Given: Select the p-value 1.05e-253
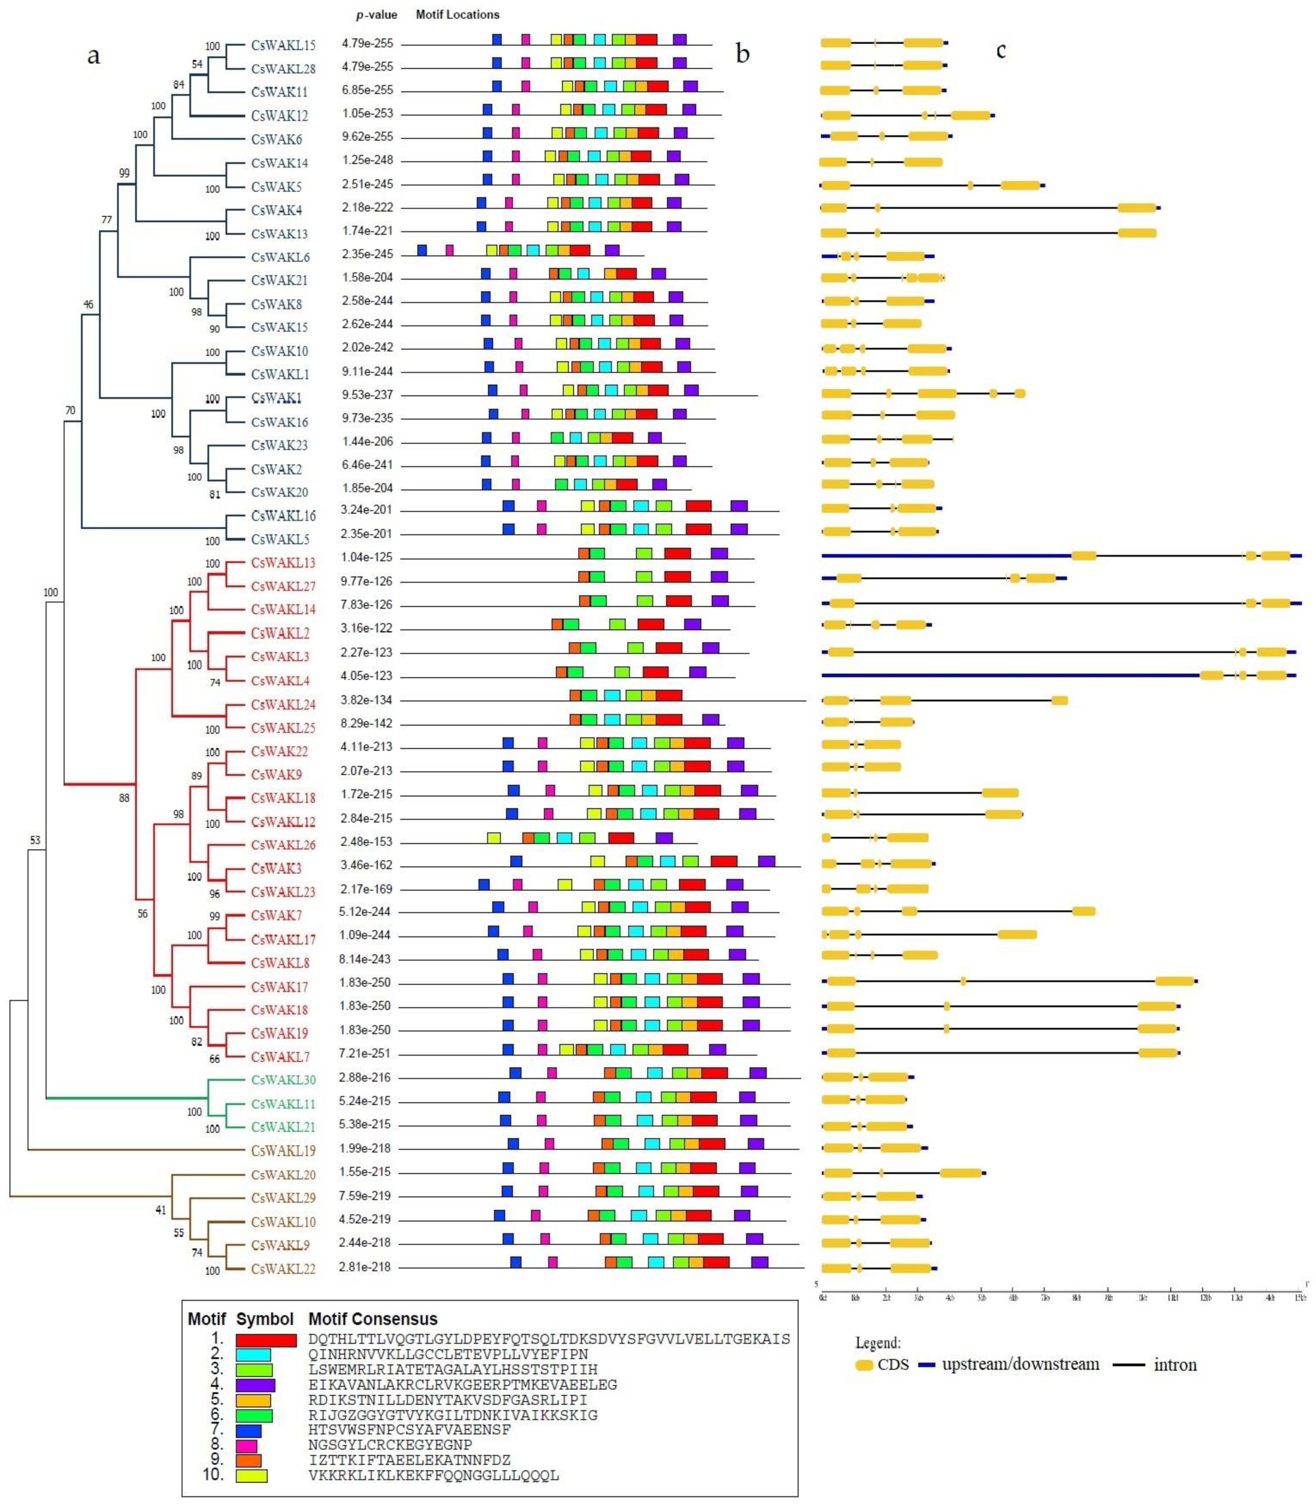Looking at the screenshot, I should (x=367, y=114).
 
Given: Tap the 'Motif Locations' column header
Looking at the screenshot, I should (x=457, y=15).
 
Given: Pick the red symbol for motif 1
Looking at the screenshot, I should (x=266, y=1340).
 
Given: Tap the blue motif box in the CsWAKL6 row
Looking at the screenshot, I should (x=422, y=250).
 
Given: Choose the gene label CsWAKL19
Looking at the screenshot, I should (x=283, y=1150).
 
